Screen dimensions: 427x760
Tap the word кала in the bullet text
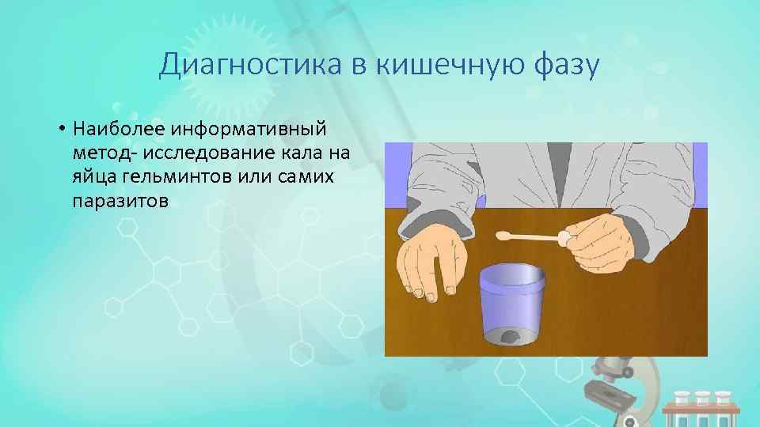coord(298,153)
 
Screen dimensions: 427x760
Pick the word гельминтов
coord(173,176)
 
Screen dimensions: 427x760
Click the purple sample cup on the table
coord(511,304)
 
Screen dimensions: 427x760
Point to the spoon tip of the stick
coord(504,235)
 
